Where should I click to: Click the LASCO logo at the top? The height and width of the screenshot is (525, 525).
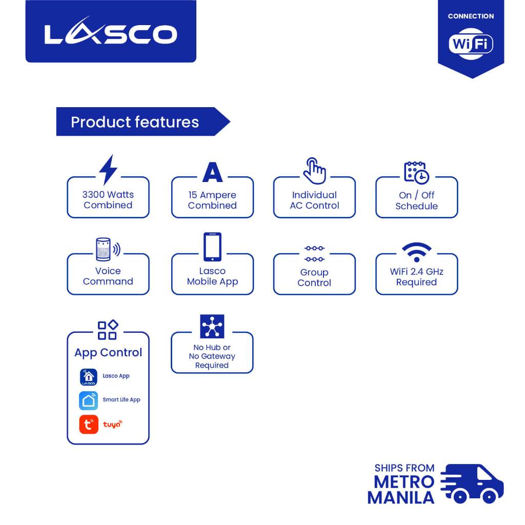(x=111, y=34)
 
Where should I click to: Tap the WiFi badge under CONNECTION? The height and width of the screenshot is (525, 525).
(x=471, y=44)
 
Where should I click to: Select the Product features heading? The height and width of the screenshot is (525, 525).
(x=135, y=122)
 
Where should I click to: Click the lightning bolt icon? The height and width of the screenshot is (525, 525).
(x=108, y=170)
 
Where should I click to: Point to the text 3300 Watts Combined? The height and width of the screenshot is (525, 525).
(x=108, y=200)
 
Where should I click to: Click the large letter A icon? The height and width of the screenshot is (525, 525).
(x=212, y=172)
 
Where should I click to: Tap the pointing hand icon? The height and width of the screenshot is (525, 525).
(x=314, y=171)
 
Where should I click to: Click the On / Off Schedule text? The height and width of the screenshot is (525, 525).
(x=416, y=200)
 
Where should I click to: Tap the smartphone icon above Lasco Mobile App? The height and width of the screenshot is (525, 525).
(x=212, y=247)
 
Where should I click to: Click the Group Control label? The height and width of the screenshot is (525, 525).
(x=314, y=277)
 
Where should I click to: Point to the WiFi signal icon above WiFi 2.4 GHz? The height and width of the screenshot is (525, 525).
(x=416, y=252)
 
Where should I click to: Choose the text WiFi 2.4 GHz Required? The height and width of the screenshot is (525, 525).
(x=416, y=277)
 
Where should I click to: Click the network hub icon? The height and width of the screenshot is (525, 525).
(x=212, y=327)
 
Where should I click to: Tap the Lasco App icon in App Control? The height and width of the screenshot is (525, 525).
(x=88, y=377)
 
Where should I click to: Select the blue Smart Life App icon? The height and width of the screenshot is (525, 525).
(x=88, y=400)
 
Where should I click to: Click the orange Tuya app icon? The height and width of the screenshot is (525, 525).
(x=88, y=425)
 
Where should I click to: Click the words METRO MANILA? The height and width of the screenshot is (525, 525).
(x=401, y=490)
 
